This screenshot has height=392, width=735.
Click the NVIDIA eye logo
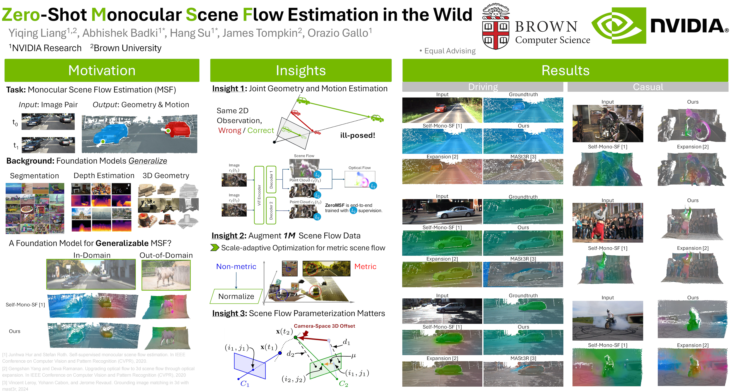tap(619, 25)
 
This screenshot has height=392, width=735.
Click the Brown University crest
tap(496, 27)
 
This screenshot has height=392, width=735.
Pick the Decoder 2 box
tap(271, 211)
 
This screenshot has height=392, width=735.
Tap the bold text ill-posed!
tap(357, 135)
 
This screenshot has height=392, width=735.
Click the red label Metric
tap(365, 267)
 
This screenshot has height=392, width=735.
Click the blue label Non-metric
tap(236, 267)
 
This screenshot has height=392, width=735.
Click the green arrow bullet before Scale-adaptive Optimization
tap(215, 248)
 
